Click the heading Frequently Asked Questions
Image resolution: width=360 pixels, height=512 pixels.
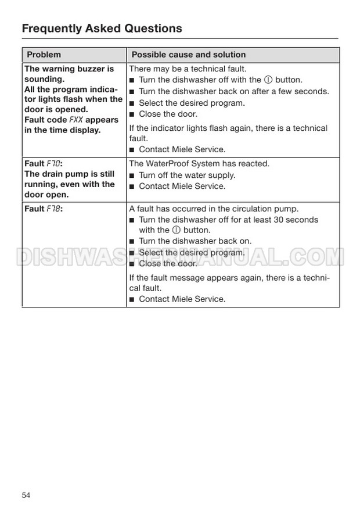[x=102, y=28]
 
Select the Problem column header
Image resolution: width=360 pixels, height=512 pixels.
[x=44, y=55]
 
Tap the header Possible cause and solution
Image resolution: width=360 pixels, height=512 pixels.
[x=189, y=55]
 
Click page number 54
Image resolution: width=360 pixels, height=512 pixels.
[x=26, y=495]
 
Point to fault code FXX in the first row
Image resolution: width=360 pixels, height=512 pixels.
[x=76, y=120]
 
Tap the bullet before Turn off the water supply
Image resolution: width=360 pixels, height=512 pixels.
[x=132, y=176]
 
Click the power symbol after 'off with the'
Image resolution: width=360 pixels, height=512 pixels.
[x=268, y=80]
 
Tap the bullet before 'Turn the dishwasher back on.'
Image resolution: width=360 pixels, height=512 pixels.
[x=132, y=242]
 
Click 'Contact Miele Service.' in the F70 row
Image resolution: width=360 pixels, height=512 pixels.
[x=182, y=187]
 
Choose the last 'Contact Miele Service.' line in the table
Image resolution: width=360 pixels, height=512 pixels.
[x=182, y=299]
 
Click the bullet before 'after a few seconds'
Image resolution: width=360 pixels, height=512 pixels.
[x=132, y=92]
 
